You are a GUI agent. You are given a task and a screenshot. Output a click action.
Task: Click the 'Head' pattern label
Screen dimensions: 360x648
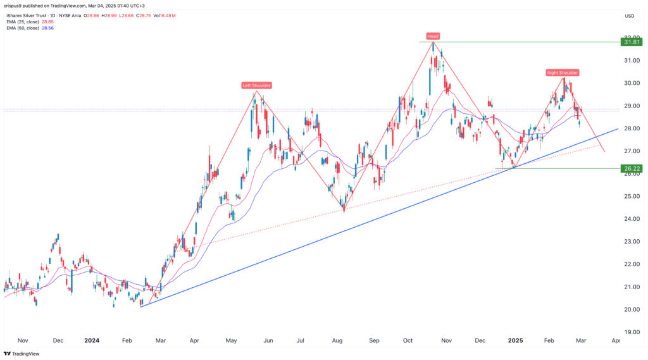pyautogui.click(x=433, y=36)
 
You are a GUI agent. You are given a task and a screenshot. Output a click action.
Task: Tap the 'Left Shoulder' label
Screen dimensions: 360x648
pyautogui.click(x=256, y=85)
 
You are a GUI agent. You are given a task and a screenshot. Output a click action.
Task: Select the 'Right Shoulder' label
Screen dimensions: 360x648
pyautogui.click(x=563, y=73)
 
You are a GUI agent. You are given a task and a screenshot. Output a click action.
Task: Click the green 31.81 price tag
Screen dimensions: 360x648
pyautogui.click(x=630, y=42)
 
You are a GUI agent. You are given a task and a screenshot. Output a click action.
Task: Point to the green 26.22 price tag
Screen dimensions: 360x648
pyautogui.click(x=630, y=169)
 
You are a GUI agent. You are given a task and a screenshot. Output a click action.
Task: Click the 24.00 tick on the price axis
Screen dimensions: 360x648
pyautogui.click(x=629, y=219)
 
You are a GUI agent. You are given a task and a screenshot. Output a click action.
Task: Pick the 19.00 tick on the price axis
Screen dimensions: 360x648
pyautogui.click(x=629, y=332)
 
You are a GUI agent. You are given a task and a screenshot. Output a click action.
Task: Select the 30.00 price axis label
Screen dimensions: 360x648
pyautogui.click(x=629, y=83)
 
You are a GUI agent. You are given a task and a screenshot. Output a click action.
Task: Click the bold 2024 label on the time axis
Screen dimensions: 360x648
pyautogui.click(x=92, y=340)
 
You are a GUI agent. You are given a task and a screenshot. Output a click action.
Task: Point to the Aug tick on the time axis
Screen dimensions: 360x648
pyautogui.click(x=337, y=340)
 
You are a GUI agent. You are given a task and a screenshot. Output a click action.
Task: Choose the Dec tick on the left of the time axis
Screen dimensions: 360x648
pyautogui.click(x=58, y=340)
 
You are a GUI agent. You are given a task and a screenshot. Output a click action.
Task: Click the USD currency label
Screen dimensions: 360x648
pyautogui.click(x=629, y=16)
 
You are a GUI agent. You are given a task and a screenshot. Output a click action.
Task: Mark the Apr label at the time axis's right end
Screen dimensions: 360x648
pyautogui.click(x=615, y=340)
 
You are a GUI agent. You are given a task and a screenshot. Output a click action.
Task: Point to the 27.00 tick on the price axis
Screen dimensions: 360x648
pyautogui.click(x=629, y=151)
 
